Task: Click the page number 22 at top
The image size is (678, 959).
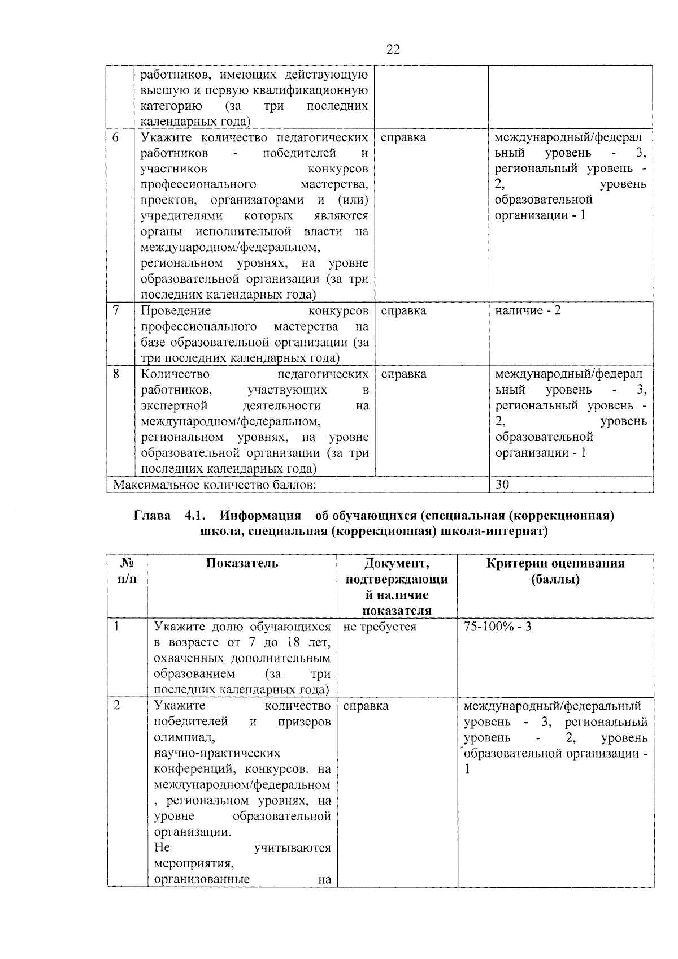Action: [x=393, y=50]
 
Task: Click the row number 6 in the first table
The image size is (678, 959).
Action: [x=115, y=137]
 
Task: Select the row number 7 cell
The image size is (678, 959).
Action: [x=115, y=310]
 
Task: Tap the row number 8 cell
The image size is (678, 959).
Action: [x=115, y=374]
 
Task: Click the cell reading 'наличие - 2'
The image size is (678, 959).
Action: [x=528, y=310]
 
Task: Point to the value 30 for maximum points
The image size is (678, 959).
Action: [x=502, y=485]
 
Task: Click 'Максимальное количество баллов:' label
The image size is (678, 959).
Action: [x=214, y=485]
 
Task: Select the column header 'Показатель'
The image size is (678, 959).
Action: [x=242, y=563]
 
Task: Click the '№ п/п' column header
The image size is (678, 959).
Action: [x=128, y=571]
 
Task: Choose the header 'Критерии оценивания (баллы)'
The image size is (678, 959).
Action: [x=555, y=571]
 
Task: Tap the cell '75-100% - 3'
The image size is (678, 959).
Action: [x=497, y=627]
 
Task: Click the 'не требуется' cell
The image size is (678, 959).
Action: [x=379, y=627]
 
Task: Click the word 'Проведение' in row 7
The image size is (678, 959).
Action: [x=175, y=310]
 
